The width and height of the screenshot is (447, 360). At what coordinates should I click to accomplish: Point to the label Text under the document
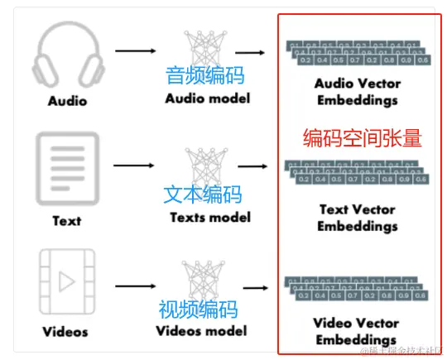[66, 221]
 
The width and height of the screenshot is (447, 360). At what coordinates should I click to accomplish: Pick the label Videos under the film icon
[66, 333]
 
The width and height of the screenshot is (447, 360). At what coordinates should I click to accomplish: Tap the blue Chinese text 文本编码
[203, 195]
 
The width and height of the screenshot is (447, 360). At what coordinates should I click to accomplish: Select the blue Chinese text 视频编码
[199, 310]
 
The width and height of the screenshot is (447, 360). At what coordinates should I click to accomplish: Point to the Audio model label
[207, 99]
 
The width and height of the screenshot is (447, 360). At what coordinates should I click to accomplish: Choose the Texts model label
[209, 218]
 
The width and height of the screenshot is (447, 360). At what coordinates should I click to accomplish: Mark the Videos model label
[202, 331]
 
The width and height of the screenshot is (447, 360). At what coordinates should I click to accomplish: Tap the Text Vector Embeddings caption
[358, 218]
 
